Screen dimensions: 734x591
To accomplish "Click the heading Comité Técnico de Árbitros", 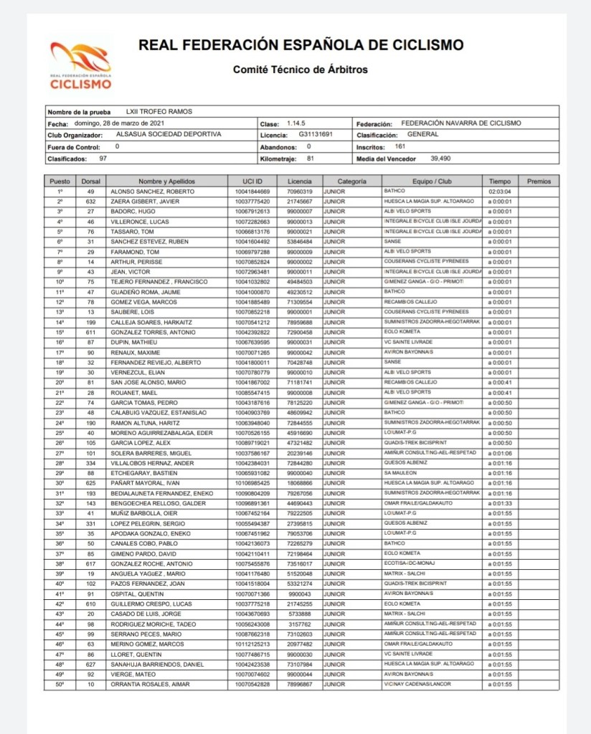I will pyautogui.click(x=300, y=70).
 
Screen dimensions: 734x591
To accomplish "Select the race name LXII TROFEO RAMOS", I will pyautogui.click(x=159, y=112).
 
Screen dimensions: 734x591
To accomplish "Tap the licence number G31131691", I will pyautogui.click(x=316, y=134).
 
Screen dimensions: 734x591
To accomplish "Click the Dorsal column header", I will pyautogui.click(x=91, y=181).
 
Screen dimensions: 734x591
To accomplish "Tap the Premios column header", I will pyautogui.click(x=539, y=181).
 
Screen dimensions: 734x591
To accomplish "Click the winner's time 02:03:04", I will pyautogui.click(x=500, y=191).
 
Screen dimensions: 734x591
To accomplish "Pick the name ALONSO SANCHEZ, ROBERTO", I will pyautogui.click(x=146, y=191).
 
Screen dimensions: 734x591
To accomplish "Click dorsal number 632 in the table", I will pyautogui.click(x=91, y=201).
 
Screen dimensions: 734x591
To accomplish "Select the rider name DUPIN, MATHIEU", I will pyautogui.click(x=132, y=343).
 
